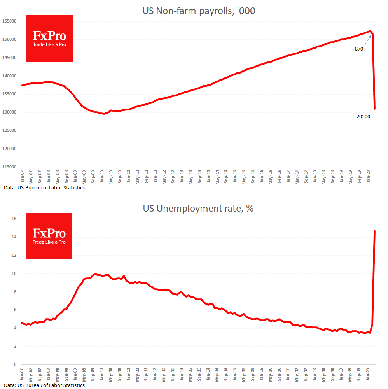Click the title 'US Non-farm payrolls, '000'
pos(199,11)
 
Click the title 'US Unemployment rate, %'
pos(198,208)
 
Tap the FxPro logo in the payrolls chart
pos(49,39)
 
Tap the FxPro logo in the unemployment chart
pos(49,236)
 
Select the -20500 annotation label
pos(362,116)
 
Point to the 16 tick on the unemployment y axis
pos(14,219)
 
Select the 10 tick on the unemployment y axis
pos(14,273)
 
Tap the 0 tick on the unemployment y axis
pos(15,364)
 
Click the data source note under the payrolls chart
pos(44,187)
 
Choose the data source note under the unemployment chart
pos(44,385)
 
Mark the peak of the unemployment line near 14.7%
pos(374,231)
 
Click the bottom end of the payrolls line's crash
pos(375,109)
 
